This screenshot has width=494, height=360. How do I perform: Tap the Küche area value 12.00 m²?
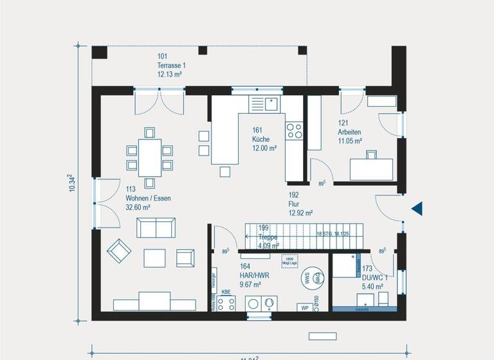[x=264, y=148]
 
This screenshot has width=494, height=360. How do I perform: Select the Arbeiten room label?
[x=349, y=132]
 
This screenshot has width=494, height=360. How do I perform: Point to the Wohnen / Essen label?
[x=148, y=199]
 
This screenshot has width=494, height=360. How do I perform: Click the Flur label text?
[x=294, y=203]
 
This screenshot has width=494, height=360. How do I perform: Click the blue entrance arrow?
[x=417, y=208]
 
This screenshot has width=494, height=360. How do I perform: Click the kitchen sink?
[x=271, y=103]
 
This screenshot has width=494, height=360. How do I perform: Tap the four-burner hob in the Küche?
[x=294, y=130]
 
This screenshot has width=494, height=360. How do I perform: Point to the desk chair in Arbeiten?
[x=372, y=154]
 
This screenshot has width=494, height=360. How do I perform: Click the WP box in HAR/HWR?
[x=305, y=308]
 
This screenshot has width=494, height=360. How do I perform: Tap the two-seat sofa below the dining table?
[x=156, y=228]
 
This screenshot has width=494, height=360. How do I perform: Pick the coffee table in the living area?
[x=155, y=258]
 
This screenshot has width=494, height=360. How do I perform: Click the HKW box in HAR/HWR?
[x=289, y=260]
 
